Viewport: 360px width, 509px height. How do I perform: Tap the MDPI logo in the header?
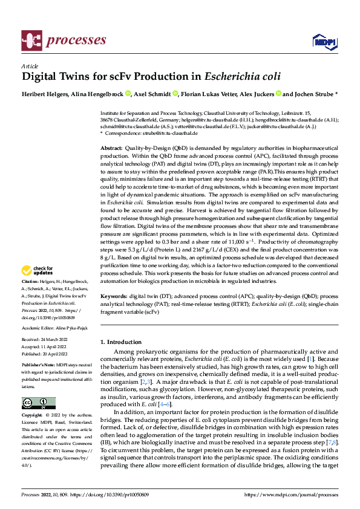click(324, 41)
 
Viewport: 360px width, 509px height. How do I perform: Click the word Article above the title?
click(29, 66)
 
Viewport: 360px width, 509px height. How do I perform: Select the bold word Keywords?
click(114, 297)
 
